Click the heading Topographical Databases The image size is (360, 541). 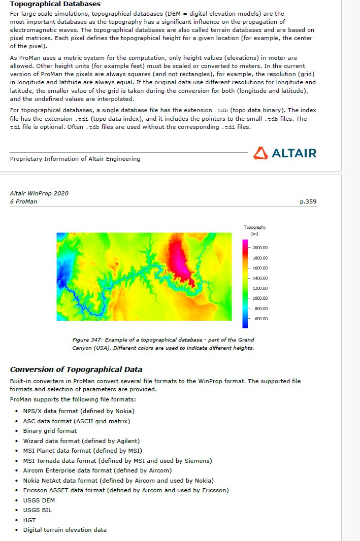pos(55,4)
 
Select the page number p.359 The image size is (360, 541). pos(308,201)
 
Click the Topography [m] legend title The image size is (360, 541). pos(254,230)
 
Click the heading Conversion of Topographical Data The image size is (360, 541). pos(76,369)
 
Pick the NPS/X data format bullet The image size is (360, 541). pos(79,411)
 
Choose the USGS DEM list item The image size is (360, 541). pos(39,500)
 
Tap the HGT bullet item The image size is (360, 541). pos(29,520)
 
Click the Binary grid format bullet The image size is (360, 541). pos(50,431)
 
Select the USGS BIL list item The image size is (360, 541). pos(37,510)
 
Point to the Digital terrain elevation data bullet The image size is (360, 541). pos(65,530)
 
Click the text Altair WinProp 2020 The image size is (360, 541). pos(39,193)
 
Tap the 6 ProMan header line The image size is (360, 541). pos(23,201)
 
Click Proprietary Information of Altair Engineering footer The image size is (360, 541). pos(75,159)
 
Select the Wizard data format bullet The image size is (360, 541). pos(81,441)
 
